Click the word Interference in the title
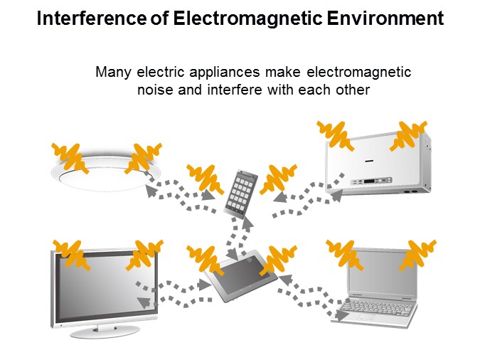tap(92, 18)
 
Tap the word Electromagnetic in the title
tap(247, 18)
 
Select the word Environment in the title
tap(385, 18)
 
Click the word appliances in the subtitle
tap(225, 73)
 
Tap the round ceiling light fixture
tap(106, 172)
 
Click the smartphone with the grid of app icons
tap(240, 194)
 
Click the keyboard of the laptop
tap(377, 309)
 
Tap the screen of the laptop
tap(383, 273)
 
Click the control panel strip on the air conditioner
tap(371, 181)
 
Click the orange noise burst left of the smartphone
tap(205, 179)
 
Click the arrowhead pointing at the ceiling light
tap(151, 191)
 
